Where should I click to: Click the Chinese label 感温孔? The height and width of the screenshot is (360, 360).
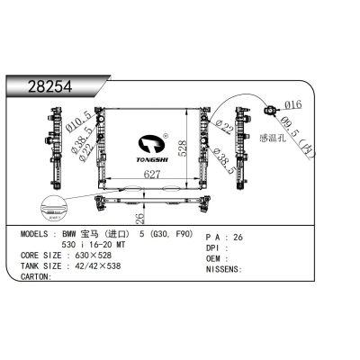pos(271,139)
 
